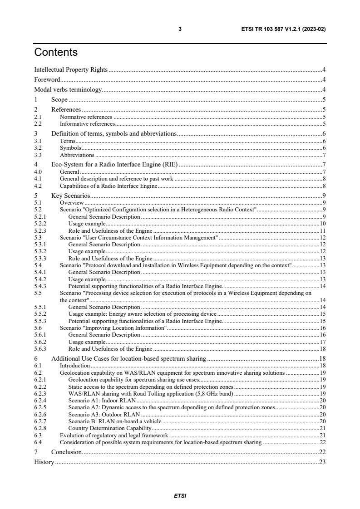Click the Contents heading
point(56,52)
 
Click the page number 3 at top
point(180,29)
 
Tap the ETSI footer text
point(180,495)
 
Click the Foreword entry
point(47,79)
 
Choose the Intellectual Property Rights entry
point(71,69)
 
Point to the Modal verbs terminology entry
point(68,89)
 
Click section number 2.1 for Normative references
point(38,117)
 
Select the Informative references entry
point(87,123)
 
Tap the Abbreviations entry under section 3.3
point(77,155)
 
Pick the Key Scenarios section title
point(70,196)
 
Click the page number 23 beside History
point(322,462)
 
